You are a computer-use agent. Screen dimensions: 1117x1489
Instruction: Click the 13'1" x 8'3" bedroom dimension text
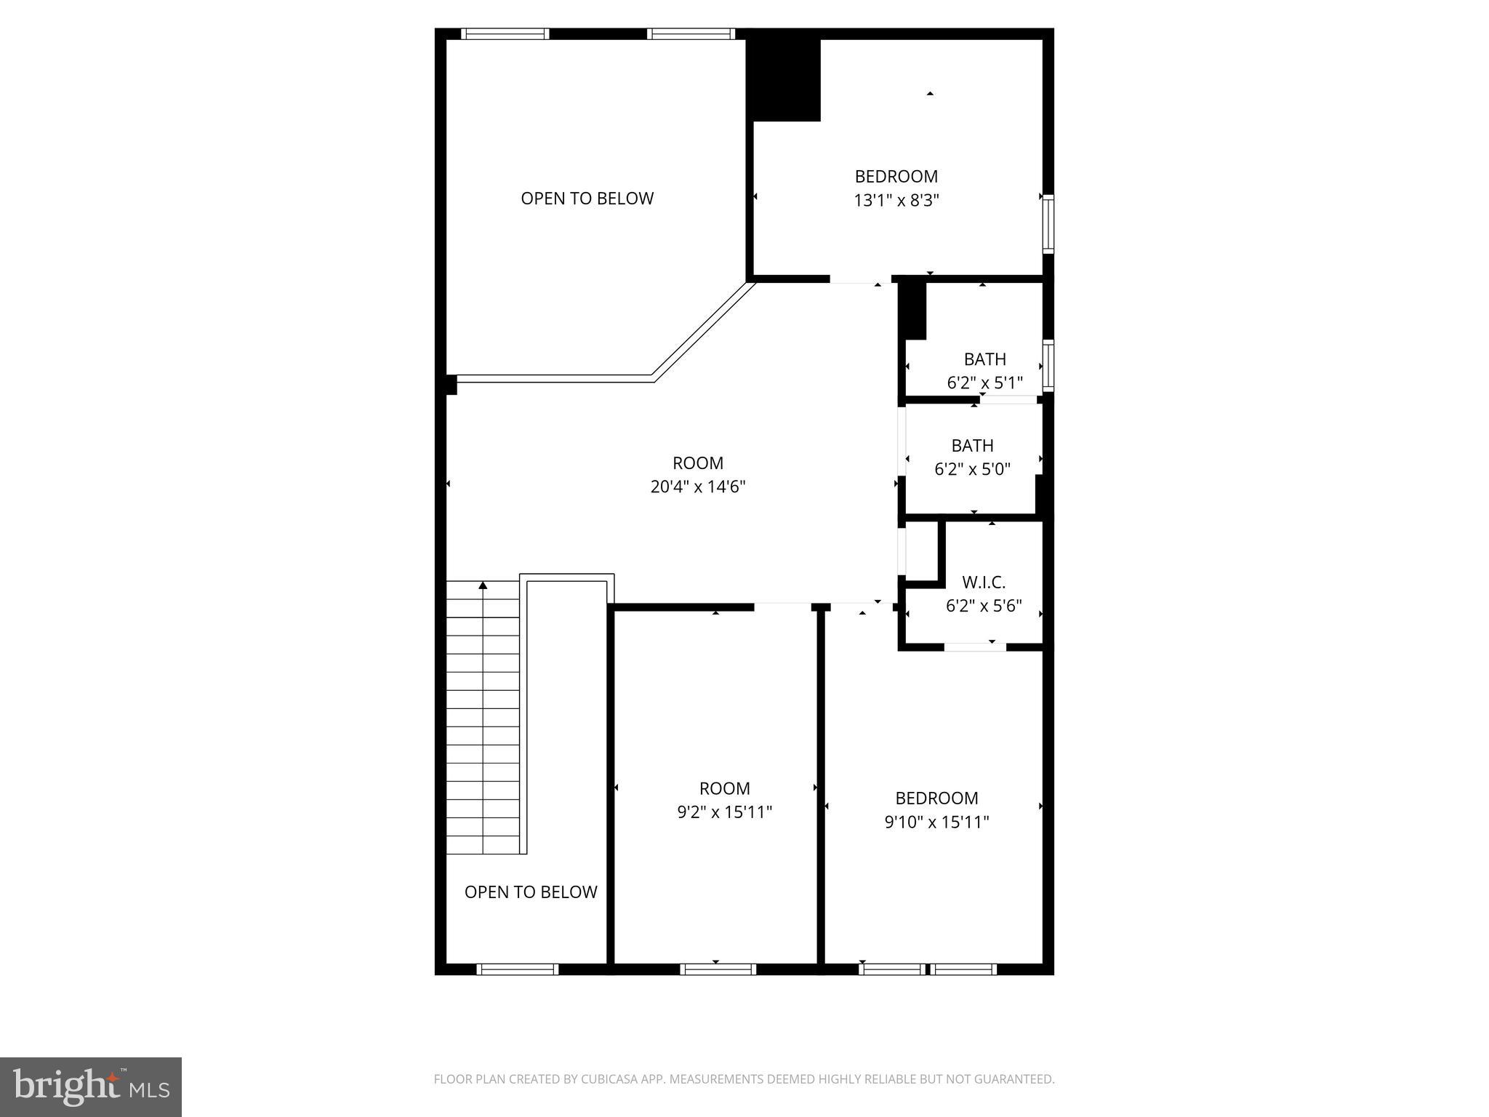(x=896, y=200)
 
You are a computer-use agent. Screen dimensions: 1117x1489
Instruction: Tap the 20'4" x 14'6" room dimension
(x=698, y=487)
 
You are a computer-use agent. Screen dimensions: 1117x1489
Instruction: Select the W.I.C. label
(x=984, y=582)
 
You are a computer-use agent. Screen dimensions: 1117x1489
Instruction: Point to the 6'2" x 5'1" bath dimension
(x=984, y=383)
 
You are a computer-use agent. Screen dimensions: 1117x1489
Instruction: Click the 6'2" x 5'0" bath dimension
(x=972, y=469)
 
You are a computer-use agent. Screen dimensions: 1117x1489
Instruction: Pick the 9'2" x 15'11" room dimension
(x=724, y=812)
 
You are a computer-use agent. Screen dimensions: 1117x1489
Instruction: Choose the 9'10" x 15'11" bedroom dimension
(x=936, y=822)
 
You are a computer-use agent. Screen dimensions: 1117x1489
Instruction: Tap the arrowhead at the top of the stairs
(x=483, y=585)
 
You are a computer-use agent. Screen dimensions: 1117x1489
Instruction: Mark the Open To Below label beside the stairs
(x=531, y=892)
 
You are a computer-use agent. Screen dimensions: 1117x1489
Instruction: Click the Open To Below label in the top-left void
(x=587, y=199)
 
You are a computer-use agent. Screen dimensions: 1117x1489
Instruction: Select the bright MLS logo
(x=91, y=1086)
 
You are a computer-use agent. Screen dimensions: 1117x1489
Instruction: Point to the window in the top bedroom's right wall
(x=1048, y=223)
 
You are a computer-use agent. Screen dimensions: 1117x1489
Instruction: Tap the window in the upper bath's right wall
(x=1048, y=366)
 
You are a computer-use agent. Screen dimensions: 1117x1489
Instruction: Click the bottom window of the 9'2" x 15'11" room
(x=718, y=969)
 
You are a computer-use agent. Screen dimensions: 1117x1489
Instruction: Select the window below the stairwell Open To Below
(x=517, y=969)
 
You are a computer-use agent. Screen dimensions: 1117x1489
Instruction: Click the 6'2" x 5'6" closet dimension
(x=984, y=606)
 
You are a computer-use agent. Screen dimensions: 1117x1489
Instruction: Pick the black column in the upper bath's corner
(x=914, y=311)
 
